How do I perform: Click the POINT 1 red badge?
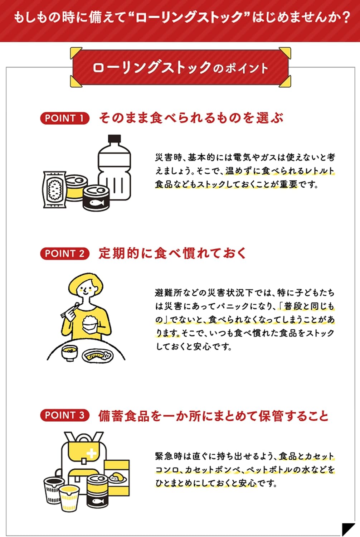[x=64, y=118]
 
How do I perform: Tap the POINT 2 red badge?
[x=64, y=253]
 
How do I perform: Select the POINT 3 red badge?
[x=64, y=415]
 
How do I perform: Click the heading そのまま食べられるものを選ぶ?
[x=191, y=118]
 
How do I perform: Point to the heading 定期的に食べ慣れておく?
[x=172, y=253]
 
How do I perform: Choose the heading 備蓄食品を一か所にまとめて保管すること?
[x=213, y=416]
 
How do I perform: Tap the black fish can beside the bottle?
[x=96, y=198]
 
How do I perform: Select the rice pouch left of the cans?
[x=54, y=189]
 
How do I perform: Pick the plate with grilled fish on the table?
[x=97, y=356]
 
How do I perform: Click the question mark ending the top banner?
[x=345, y=17]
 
